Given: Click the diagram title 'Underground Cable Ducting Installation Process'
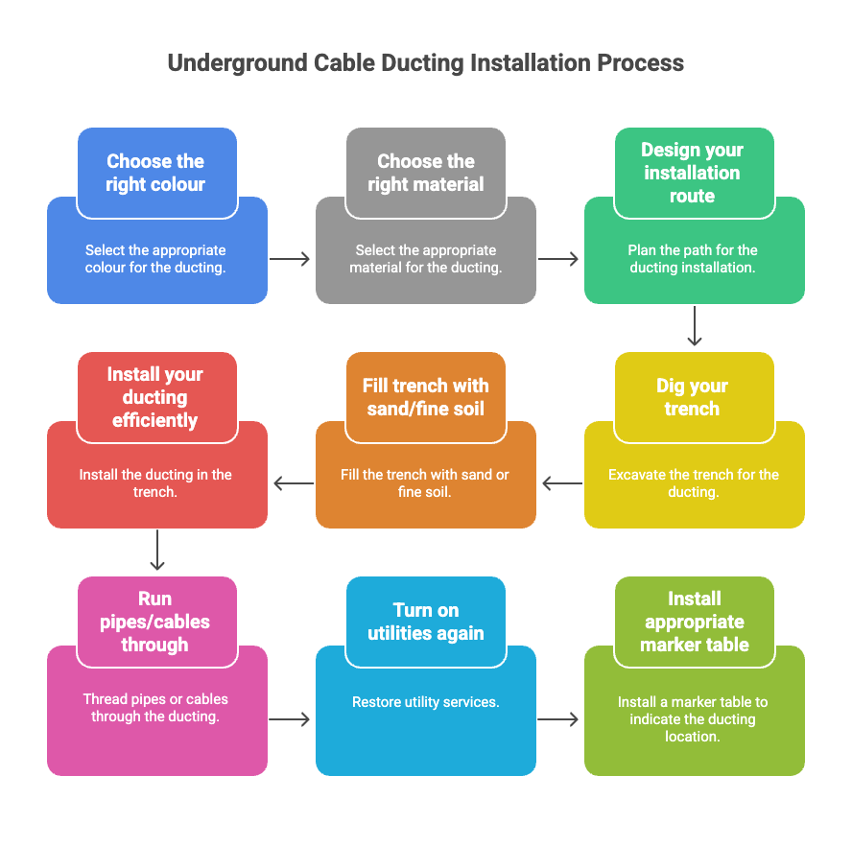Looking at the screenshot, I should [425, 63].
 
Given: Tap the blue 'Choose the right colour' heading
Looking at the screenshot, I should [155, 173].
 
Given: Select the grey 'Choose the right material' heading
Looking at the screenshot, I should [425, 173].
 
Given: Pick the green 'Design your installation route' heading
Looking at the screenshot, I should [693, 173].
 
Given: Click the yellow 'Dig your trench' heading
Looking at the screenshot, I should [693, 397].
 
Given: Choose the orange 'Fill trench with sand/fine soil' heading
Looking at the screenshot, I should [425, 397].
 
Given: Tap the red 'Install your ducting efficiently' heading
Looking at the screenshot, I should [155, 397].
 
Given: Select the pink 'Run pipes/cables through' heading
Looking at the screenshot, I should [155, 622].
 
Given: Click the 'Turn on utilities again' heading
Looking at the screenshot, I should [425, 622].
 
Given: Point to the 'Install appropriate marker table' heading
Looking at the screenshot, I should [694, 622].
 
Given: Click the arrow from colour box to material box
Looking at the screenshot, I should [291, 259].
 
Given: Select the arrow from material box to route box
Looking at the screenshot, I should [559, 259].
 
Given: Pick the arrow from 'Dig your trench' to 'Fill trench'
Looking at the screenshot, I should [561, 483].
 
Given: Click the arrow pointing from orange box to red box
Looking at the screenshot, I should [293, 483].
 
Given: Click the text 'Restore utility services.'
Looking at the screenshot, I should [425, 702].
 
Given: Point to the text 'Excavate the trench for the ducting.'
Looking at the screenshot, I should [694, 483].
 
